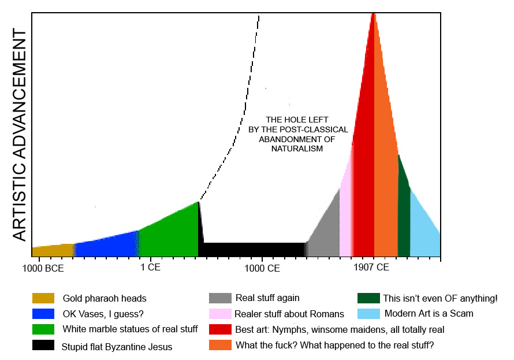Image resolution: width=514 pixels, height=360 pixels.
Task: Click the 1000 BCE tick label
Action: [x=43, y=268]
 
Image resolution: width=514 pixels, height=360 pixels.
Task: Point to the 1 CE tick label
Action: [x=150, y=268]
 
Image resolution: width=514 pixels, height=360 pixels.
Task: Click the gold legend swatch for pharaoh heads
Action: [x=43, y=298]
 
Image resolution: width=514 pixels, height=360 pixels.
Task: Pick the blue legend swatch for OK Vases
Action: [x=43, y=314]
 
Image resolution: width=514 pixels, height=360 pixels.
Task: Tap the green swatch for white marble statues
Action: [x=43, y=329]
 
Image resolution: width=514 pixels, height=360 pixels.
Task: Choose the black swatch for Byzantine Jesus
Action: [x=43, y=346]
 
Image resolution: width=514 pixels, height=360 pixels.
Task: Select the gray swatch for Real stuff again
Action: [x=220, y=298]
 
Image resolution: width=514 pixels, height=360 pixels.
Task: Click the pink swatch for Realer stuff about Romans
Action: [x=220, y=314]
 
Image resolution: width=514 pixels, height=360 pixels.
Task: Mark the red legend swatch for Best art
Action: [x=220, y=329]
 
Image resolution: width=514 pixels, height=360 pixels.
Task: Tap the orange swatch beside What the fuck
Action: [x=220, y=346]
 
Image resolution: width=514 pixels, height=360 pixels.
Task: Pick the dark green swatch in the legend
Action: [x=368, y=298]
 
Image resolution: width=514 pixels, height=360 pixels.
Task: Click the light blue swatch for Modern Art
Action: [x=368, y=314]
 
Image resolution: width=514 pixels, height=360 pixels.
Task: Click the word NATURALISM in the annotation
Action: [x=297, y=149]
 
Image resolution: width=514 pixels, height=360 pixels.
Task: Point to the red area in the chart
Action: [x=364, y=173]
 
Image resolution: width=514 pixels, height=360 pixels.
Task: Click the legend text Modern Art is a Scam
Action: [x=428, y=314]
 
